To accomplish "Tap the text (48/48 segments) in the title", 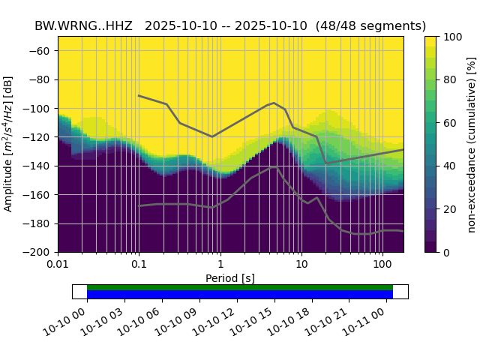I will [370, 25].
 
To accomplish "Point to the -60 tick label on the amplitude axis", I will [41, 51].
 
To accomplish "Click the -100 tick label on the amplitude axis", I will [38, 109].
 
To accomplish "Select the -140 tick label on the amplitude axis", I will [38, 166].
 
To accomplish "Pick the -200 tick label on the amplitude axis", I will [38, 252].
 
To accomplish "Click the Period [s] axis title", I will [230, 278].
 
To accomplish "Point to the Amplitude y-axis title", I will [9, 144].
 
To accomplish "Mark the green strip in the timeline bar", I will [240, 287].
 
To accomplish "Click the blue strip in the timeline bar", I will [240, 295].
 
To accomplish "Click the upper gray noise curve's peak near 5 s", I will [274, 103].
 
